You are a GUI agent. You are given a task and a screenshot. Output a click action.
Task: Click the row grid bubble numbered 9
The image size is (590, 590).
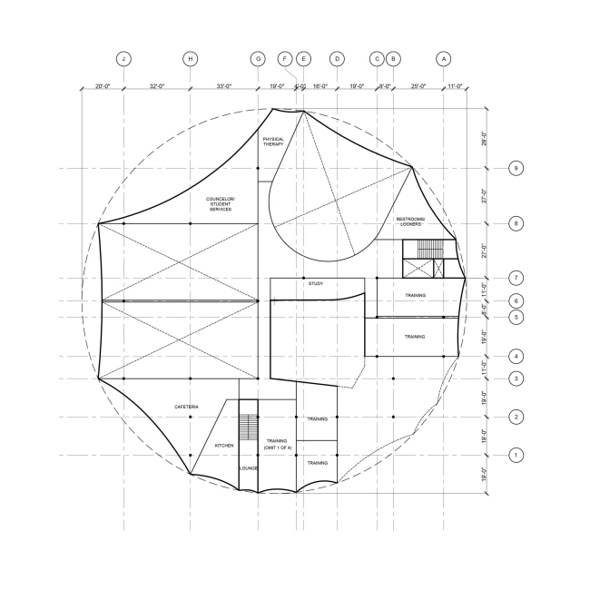pyautogui.click(x=516, y=168)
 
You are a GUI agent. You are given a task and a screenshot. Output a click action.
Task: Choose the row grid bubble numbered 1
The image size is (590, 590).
pyautogui.click(x=516, y=455)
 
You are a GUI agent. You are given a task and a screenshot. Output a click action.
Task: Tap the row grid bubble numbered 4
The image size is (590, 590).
pyautogui.click(x=516, y=357)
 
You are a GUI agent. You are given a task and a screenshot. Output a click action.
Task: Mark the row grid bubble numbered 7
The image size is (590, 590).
pyautogui.click(x=516, y=278)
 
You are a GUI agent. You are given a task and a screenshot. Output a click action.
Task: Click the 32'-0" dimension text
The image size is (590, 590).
pyautogui.click(x=157, y=87)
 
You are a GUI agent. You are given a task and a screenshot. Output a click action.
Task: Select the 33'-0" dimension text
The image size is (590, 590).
pyautogui.click(x=224, y=87)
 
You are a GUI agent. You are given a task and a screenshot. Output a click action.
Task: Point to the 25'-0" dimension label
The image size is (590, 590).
pyautogui.click(x=418, y=87)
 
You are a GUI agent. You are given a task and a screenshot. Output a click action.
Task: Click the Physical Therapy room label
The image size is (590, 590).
pyautogui.click(x=273, y=142)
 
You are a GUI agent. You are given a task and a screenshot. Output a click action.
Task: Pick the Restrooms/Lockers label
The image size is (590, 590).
pyautogui.click(x=417, y=222)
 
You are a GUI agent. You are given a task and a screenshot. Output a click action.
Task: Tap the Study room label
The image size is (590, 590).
pyautogui.click(x=316, y=284)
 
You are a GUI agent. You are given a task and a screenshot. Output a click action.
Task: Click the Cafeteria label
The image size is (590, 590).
pyautogui.click(x=187, y=406)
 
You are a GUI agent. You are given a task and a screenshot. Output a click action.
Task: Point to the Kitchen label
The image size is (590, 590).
pyautogui.click(x=224, y=446)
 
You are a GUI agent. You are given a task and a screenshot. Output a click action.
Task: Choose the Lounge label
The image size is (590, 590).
pyautogui.click(x=249, y=467)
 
